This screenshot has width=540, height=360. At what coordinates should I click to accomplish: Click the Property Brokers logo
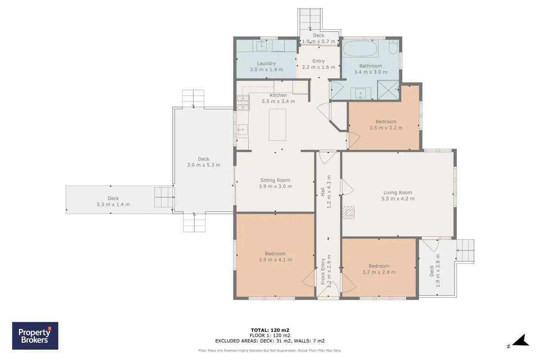click(x=35, y=336)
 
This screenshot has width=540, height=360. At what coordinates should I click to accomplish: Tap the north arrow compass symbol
click(x=520, y=341)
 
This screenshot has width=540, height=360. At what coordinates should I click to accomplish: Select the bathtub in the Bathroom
click(x=359, y=48)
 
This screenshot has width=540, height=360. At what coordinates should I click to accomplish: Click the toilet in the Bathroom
click(x=393, y=47)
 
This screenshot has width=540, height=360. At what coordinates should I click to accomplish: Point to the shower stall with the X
click(x=388, y=90)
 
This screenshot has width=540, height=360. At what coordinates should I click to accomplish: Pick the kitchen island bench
click(x=278, y=125)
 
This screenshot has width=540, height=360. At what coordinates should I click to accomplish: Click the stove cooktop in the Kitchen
click(x=243, y=103)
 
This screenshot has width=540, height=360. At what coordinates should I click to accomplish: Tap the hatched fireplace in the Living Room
click(x=348, y=212)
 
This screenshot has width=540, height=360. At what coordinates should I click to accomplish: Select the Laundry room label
click(x=266, y=63)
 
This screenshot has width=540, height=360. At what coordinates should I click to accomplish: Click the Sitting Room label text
click(x=275, y=180)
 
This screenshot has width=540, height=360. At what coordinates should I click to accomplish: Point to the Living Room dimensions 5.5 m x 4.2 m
click(x=398, y=199)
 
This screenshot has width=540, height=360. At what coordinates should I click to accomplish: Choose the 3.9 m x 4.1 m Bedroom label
click(x=275, y=256)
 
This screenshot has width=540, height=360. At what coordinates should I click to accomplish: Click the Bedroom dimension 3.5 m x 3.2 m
click(x=386, y=128)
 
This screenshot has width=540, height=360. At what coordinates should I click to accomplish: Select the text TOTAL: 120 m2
click(x=270, y=330)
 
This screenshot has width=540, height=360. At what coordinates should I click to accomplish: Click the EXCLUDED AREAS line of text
click(x=270, y=341)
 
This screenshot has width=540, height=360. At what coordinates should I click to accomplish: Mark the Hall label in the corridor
click(x=323, y=192)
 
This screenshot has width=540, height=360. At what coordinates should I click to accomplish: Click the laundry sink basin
click(x=261, y=45)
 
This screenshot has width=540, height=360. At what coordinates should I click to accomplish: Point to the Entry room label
click(x=319, y=61)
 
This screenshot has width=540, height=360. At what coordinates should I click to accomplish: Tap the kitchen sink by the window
click(x=242, y=130)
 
